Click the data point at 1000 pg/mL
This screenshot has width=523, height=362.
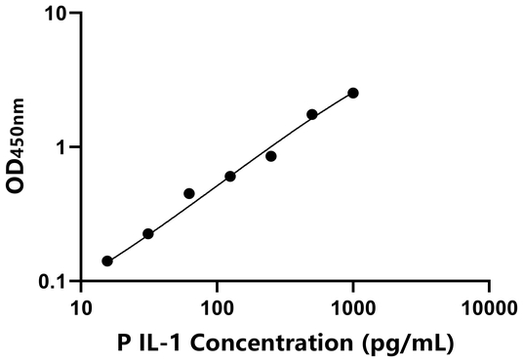353,93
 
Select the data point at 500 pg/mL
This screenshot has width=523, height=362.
312,114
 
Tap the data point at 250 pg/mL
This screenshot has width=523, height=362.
271,156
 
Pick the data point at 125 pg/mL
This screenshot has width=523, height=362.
230,177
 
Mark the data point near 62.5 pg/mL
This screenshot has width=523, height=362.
189,193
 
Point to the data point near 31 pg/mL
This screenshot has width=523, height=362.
148,234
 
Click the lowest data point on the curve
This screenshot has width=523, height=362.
107,261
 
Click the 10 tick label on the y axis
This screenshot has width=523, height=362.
58,15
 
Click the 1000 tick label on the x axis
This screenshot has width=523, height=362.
352,308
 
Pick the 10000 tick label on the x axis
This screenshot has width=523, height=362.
488,308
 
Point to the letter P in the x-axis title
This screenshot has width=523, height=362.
122,342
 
